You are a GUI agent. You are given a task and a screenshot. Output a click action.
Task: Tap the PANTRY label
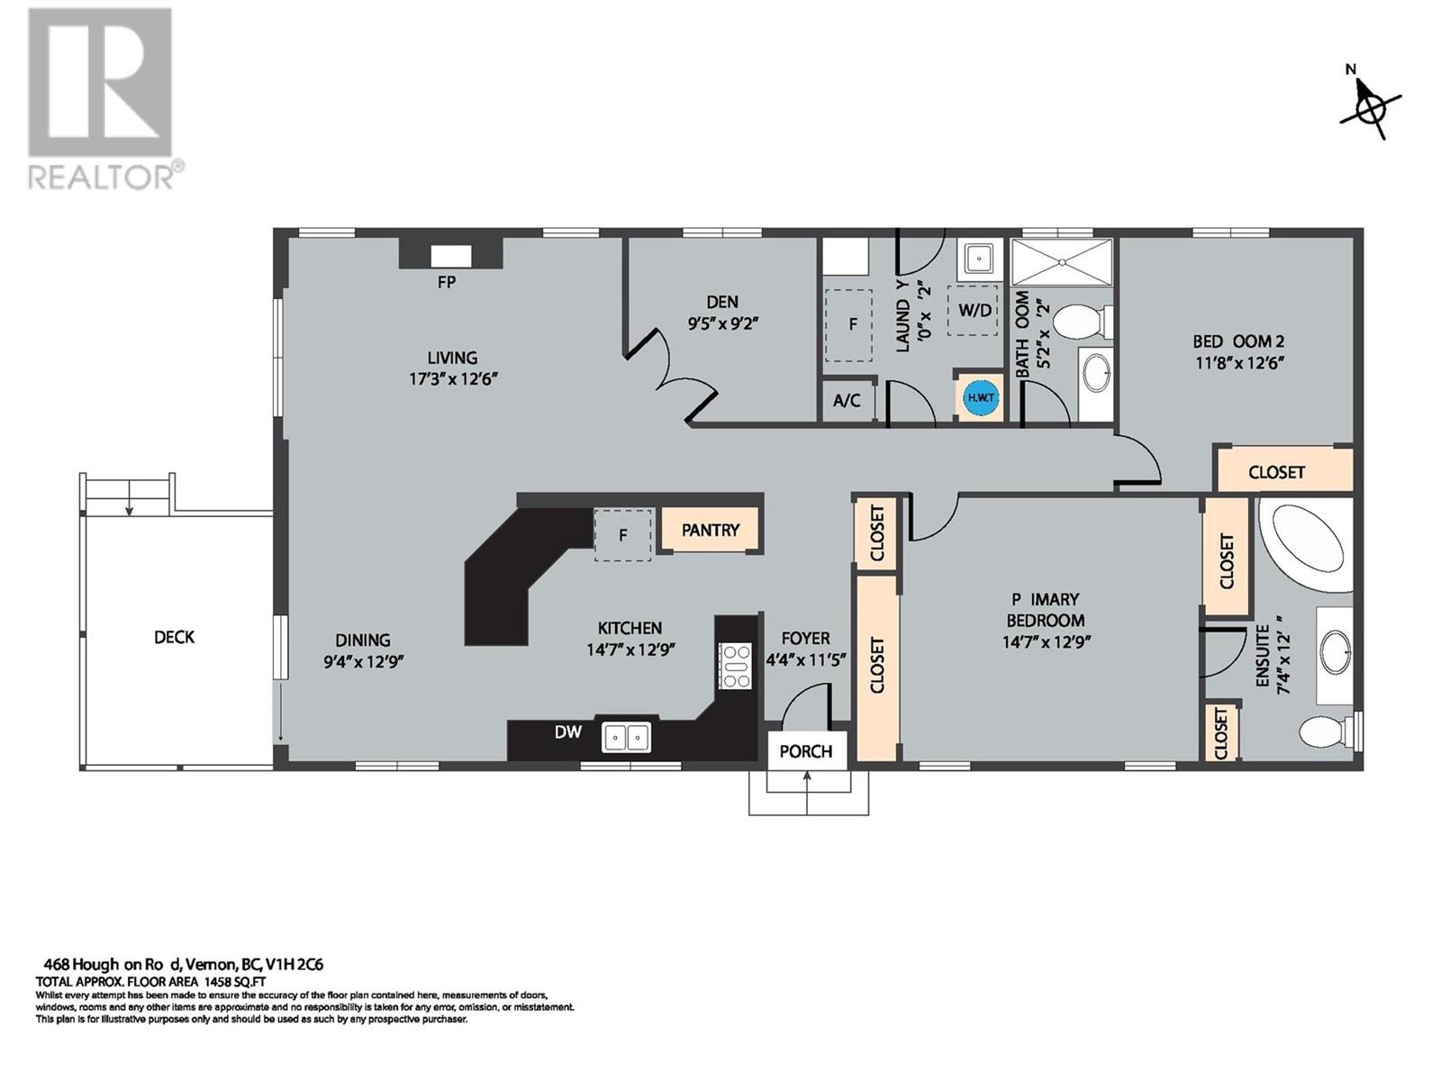[710, 530]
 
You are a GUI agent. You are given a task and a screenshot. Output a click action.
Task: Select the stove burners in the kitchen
[735, 667]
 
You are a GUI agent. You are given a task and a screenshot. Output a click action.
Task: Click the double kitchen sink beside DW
[627, 738]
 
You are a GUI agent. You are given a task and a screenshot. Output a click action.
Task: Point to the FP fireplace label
[447, 282]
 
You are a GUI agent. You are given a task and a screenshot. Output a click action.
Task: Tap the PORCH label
[805, 751]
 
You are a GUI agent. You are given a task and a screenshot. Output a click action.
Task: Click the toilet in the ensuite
[1327, 731]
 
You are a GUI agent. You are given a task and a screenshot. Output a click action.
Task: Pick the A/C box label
[847, 401]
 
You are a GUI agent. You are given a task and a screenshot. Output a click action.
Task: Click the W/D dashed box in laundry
[974, 310]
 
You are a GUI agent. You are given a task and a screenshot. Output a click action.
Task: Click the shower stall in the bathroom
[1062, 262]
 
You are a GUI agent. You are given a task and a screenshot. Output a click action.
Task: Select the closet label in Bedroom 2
[1276, 472]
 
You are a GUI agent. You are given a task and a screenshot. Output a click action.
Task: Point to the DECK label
[174, 637]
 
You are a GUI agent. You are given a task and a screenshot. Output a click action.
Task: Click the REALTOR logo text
[105, 175]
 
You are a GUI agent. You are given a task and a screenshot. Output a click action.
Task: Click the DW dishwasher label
[567, 731]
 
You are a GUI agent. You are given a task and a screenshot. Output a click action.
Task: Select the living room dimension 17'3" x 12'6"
[453, 379]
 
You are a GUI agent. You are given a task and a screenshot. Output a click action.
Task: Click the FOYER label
[805, 638]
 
